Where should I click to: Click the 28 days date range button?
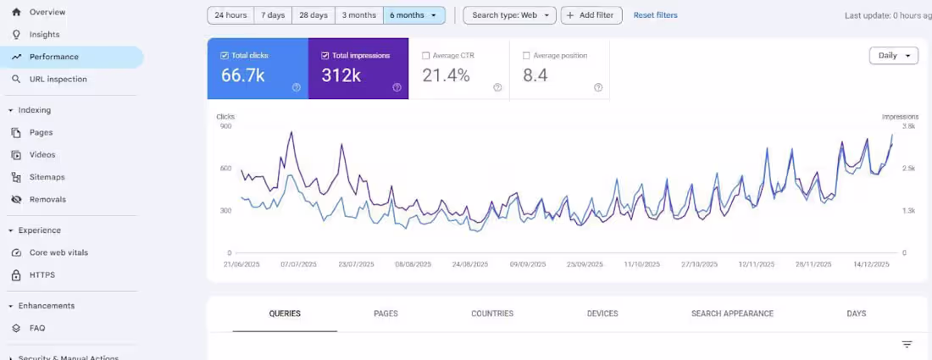pos(313,15)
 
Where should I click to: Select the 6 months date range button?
pos(413,15)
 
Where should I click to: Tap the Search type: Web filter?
pos(509,15)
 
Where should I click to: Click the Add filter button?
pos(591,15)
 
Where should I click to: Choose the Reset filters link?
pos(655,15)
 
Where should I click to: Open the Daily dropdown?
pos(893,55)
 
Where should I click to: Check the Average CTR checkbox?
pos(426,56)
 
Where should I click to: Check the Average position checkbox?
pos(527,56)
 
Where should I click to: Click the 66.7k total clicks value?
pos(243,75)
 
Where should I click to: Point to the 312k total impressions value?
pos(341,75)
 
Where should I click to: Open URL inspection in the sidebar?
pos(58,79)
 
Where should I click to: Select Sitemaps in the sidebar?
pos(47,177)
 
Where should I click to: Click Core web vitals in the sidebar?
pos(58,252)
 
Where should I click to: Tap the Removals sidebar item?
pos(47,199)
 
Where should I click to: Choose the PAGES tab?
pos(386,313)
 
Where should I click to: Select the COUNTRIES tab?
pos(492,313)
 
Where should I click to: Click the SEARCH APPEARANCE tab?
pos(732,313)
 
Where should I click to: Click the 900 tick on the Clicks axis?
pos(225,126)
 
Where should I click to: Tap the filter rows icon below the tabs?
pos(907,345)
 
